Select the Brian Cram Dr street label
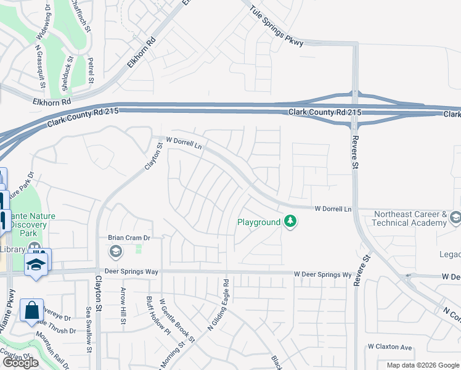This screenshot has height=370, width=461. pos(129,237)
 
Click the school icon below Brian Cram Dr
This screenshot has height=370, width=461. pos(115,251)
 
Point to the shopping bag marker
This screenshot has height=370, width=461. pos(31,311)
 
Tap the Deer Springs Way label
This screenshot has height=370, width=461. pos(131,272)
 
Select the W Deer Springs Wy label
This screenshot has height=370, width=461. pos(322,274)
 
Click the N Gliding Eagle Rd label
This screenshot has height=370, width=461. pos(218,306)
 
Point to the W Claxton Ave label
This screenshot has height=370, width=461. pos(390,347)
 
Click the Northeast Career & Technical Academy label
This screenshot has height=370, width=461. pos(410,218)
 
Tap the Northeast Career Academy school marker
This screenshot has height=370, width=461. pos(455,218)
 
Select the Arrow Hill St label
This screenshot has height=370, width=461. pos(123,305)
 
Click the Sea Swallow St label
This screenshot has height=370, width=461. pos(89,330)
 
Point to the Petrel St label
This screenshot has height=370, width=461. pos(91,70)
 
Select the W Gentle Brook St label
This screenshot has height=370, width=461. pos(177,321)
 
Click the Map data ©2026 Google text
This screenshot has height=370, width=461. pos(423,365)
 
